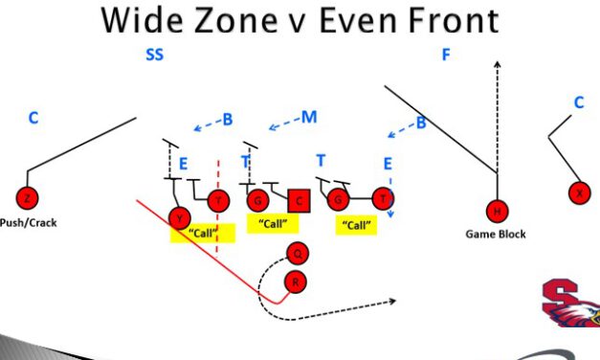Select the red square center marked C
(x=300, y=199)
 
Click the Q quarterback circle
(x=298, y=254)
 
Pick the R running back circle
(x=296, y=281)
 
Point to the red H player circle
(x=497, y=211)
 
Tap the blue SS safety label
(x=155, y=55)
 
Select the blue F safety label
(x=445, y=55)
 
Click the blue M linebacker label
(x=308, y=117)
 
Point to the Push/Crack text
(x=28, y=222)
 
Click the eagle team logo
(x=572, y=303)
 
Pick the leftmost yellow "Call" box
(x=202, y=233)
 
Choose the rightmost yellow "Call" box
(x=356, y=226)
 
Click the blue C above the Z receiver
(x=33, y=118)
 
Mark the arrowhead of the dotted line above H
(x=497, y=65)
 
